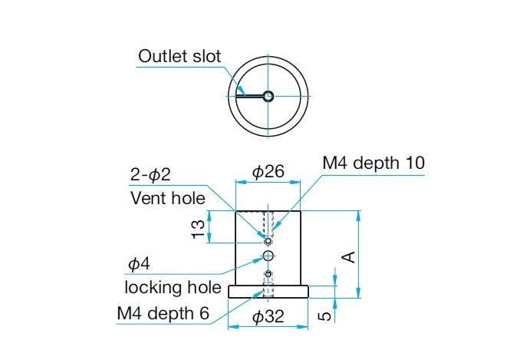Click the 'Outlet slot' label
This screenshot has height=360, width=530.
tap(179, 56)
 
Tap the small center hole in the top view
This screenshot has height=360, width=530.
tap(268, 96)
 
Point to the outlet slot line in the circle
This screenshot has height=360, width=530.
tap(250, 96)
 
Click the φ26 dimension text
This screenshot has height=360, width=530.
tap(268, 171)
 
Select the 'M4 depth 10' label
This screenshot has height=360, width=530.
tap(374, 163)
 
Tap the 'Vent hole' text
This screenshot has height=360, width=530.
tap(168, 198)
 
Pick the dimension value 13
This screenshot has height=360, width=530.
tap(198, 229)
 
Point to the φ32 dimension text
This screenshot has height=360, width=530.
tap(268, 316)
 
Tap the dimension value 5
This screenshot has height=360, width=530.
tap(325, 314)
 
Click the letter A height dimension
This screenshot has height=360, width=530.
tap(347, 256)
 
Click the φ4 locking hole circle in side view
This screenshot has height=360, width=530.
tap(268, 255)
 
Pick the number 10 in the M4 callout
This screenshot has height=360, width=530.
tap(413, 163)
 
